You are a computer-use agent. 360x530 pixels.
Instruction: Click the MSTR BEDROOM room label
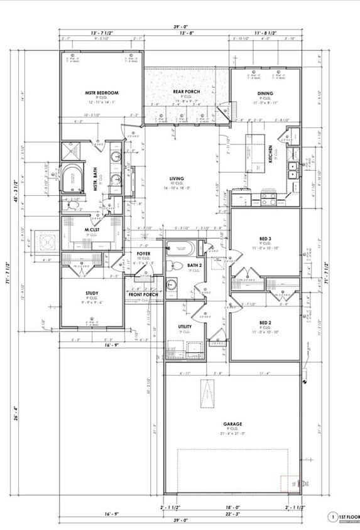102,93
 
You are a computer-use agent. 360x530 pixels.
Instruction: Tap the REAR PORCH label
186,92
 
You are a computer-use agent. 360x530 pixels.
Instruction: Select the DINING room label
265,94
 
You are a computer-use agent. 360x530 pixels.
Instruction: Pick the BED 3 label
265,239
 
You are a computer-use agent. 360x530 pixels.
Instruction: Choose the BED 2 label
265,323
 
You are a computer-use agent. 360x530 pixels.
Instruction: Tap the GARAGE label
232,424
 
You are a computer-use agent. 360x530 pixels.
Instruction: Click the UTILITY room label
185,327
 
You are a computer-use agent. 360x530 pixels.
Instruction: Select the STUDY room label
92,293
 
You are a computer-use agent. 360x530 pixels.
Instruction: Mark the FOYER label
143,254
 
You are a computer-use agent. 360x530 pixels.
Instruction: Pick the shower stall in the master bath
70,151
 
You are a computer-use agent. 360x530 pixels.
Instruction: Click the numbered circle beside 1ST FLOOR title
332,517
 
